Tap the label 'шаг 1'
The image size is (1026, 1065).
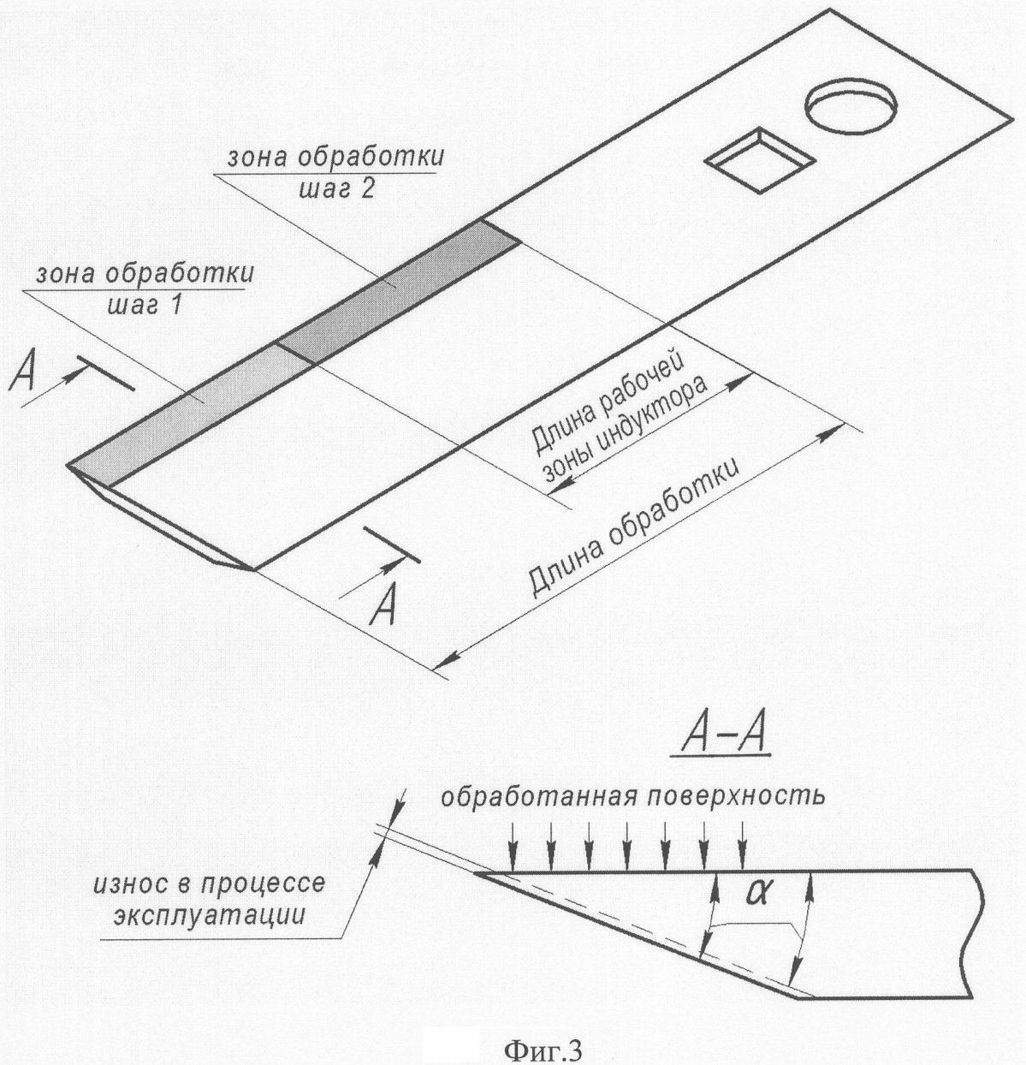coord(144,303)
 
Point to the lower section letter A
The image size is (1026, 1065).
coord(383,604)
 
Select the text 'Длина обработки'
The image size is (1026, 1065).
coord(634,527)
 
